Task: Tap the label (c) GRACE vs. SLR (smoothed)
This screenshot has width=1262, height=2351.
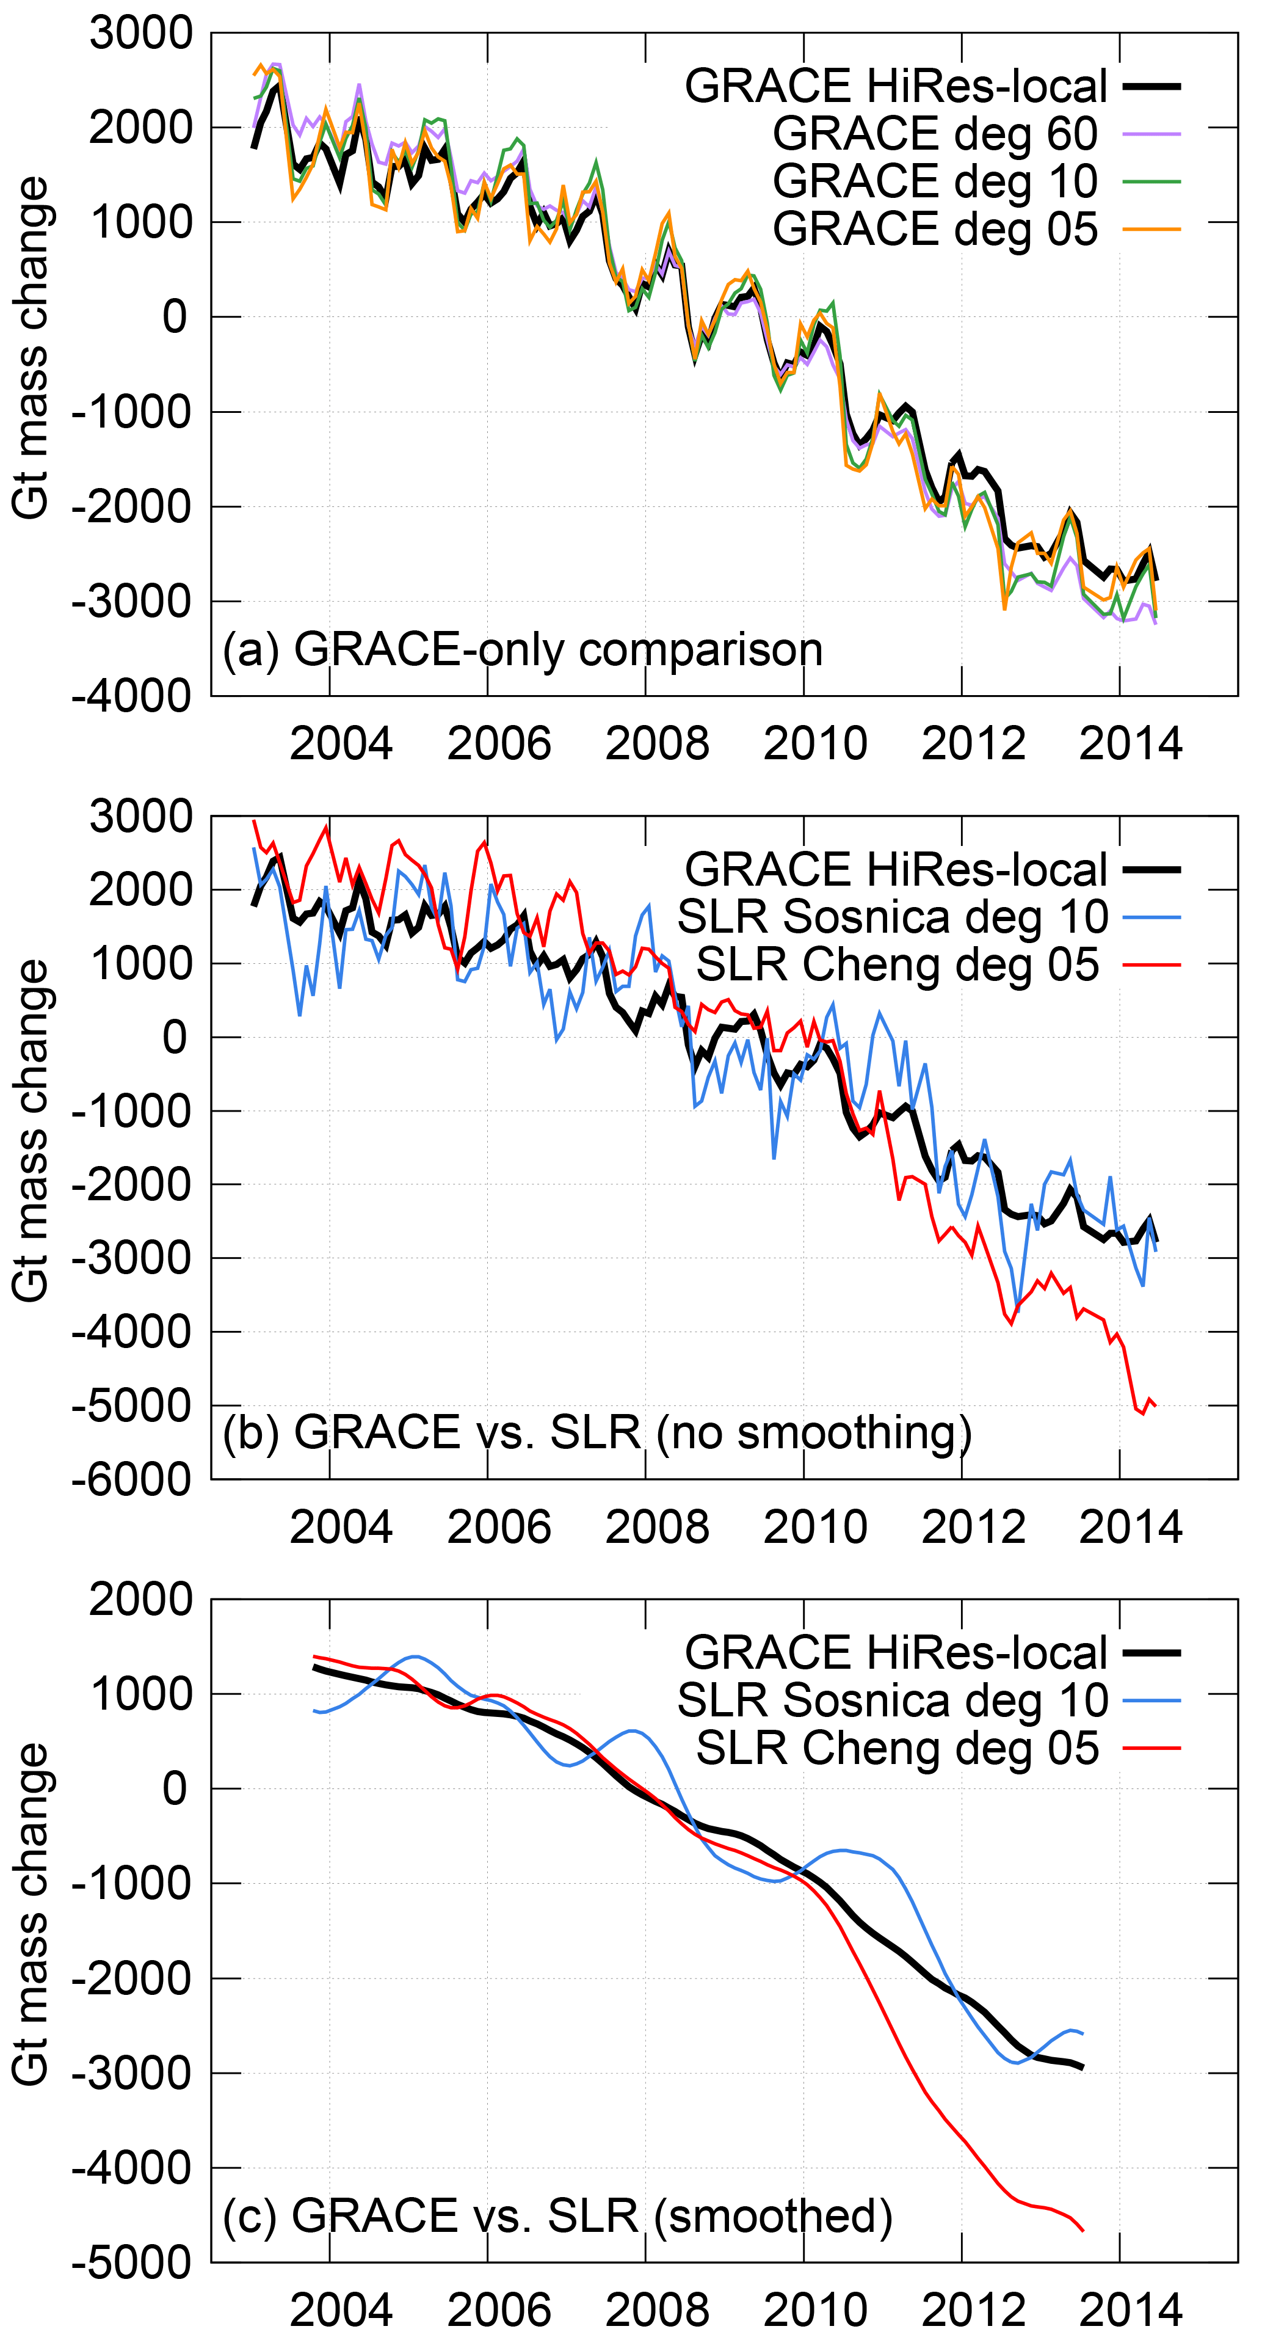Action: (x=557, y=2216)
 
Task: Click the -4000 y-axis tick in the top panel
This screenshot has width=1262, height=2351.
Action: (x=132, y=696)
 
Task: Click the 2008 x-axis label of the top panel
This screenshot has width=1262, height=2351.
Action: (x=656, y=744)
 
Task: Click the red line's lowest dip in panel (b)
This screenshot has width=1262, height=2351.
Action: (x=1142, y=1413)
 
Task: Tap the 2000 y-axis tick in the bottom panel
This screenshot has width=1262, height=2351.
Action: (x=142, y=1600)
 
